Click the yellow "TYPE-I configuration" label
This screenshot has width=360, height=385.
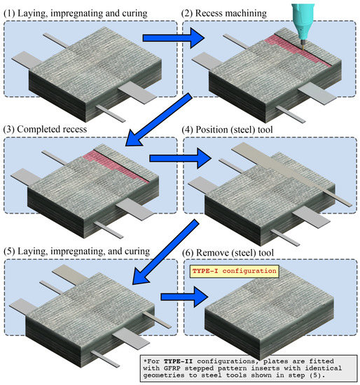pos(234,270)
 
